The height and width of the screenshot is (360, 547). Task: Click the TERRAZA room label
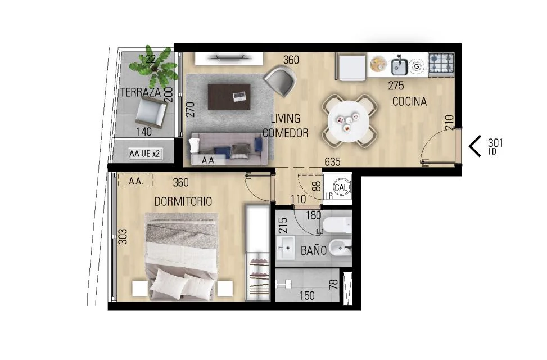click(140, 92)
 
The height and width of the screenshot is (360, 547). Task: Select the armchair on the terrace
click(151, 112)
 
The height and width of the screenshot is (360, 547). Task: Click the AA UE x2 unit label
click(144, 154)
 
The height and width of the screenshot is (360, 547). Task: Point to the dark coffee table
click(229, 97)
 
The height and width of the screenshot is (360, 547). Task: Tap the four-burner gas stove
click(441, 65)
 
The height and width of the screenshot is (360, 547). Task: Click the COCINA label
click(409, 102)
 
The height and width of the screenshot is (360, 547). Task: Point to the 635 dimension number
click(332, 161)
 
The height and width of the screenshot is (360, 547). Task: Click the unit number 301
click(495, 143)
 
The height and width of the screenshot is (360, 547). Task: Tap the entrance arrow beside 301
click(475, 146)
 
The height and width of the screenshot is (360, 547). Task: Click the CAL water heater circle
click(341, 187)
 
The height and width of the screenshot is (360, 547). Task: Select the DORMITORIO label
click(183, 201)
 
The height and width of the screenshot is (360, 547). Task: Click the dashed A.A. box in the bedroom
click(135, 180)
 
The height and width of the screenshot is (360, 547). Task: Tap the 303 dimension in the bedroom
click(123, 236)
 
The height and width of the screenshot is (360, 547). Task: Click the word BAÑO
click(314, 250)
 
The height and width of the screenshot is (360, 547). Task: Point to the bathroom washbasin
click(286, 247)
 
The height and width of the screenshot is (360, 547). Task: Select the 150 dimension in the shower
click(307, 296)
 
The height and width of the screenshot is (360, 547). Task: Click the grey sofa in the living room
click(229, 148)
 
